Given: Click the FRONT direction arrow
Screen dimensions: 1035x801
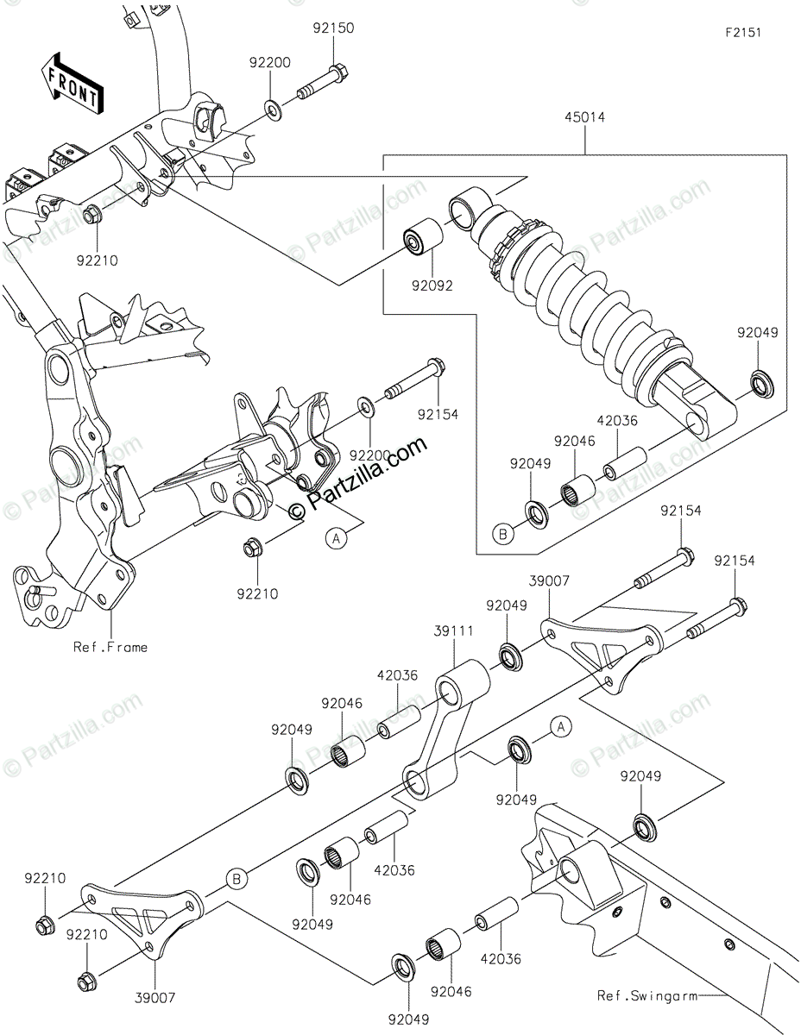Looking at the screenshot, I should tap(72, 84).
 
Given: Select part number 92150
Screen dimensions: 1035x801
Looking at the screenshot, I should tap(333, 28).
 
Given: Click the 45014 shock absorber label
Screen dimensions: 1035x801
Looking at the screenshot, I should tap(584, 118).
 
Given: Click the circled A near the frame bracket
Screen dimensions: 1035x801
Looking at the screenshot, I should tap(337, 537).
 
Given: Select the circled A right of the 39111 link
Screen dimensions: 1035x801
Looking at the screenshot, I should tap(561, 727).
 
